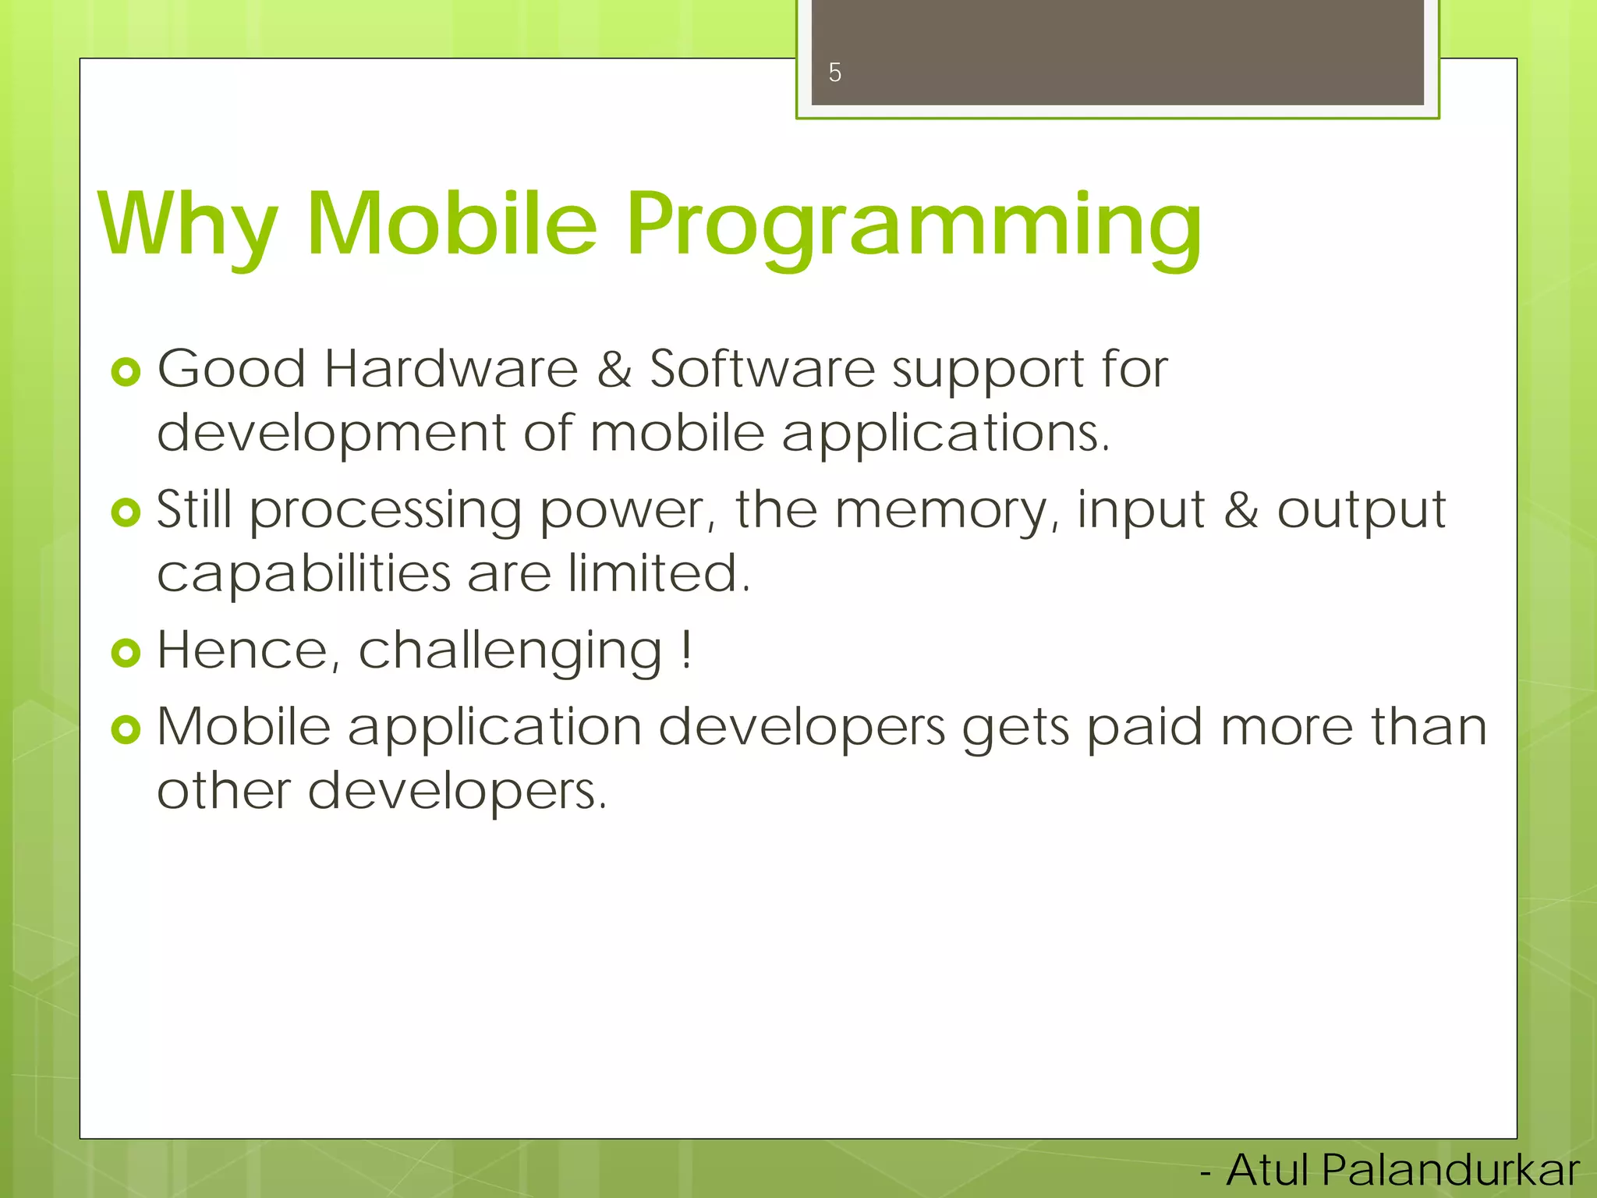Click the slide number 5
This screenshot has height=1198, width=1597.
pos(834,73)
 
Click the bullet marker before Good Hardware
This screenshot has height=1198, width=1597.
pos(126,372)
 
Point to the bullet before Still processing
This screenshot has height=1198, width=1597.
pos(126,512)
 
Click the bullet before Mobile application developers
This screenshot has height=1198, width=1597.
pos(126,730)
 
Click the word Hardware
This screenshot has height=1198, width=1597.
pos(451,368)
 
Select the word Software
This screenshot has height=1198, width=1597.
pos(762,368)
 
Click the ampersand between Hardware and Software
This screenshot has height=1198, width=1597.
pos(614,370)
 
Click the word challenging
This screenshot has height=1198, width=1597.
pos(511,652)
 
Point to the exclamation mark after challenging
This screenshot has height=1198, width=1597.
pos(685,649)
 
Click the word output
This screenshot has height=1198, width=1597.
pos(1361,512)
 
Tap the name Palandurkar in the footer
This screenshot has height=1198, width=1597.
pos(1450,1171)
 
